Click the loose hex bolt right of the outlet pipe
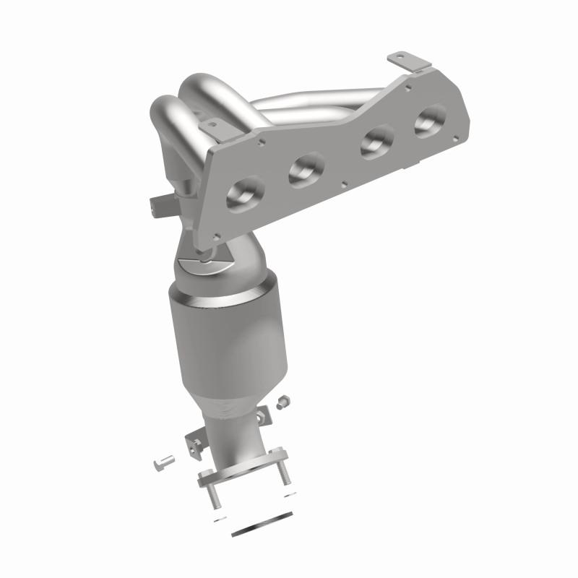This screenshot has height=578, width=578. (284, 400)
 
